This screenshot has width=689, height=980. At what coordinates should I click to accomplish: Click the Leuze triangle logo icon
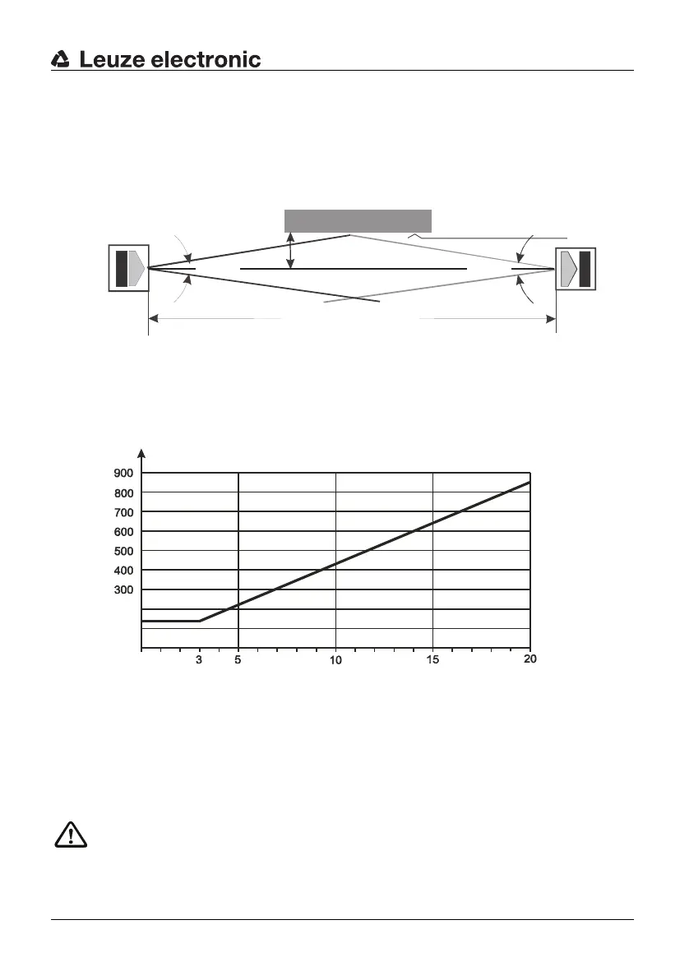(60, 59)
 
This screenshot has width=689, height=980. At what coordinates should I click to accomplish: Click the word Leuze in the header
(113, 59)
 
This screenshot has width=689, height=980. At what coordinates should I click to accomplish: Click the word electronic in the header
(206, 59)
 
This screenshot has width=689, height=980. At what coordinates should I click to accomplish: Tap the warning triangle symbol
(71, 835)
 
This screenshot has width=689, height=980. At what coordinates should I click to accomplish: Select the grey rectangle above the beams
(358, 221)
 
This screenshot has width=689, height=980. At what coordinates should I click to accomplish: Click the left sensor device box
(129, 268)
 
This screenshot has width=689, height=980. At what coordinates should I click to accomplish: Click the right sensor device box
(576, 269)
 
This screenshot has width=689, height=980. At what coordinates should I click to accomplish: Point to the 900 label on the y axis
(124, 473)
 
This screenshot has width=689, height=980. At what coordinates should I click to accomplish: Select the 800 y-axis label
(124, 493)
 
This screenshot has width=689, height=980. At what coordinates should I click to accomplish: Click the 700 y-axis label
(124, 512)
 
